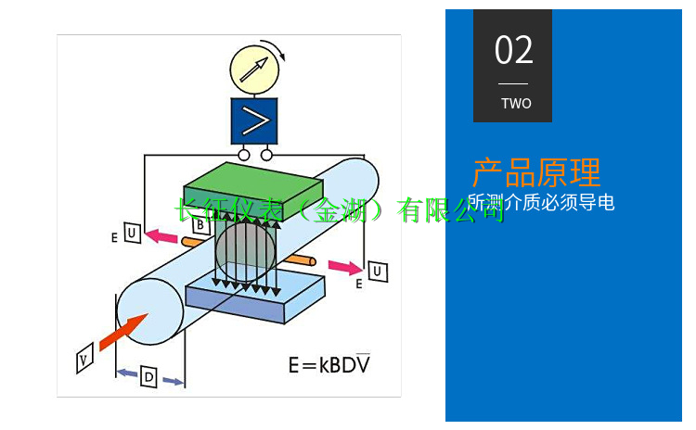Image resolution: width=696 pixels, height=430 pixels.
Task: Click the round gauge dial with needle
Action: [x=252, y=69]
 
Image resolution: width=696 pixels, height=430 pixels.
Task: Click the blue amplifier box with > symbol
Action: [x=253, y=120]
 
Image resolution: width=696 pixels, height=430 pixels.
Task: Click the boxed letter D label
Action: [x=148, y=376]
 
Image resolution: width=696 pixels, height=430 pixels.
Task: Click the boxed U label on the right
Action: [x=378, y=272]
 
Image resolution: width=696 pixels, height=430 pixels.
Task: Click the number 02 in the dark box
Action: [x=513, y=50]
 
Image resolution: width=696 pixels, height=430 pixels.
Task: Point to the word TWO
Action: [x=516, y=103]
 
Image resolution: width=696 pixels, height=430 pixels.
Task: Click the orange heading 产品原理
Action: [x=536, y=172]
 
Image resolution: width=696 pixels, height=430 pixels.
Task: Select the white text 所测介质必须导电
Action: [x=542, y=202]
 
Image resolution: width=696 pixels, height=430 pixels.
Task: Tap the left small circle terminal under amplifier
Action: [x=243, y=155]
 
